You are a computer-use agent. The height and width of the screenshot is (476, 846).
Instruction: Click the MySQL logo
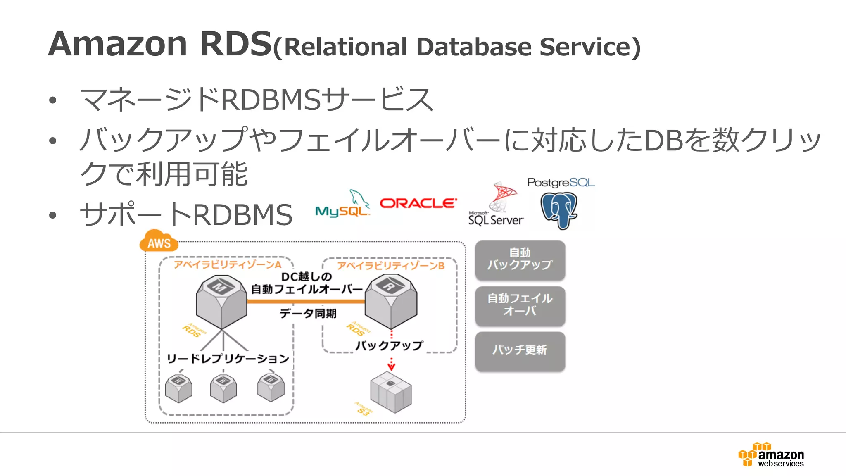click(x=342, y=204)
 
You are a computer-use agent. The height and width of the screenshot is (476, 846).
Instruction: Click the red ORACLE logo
click(x=418, y=203)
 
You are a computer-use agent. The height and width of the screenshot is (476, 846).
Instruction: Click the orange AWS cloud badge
click(x=159, y=242)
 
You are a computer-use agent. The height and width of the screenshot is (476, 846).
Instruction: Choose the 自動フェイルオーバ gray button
click(x=520, y=305)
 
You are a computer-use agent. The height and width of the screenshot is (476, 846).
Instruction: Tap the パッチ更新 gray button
click(x=520, y=350)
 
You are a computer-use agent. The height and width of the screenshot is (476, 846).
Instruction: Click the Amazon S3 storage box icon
click(x=391, y=392)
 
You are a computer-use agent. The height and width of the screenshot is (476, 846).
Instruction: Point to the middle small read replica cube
click(x=223, y=388)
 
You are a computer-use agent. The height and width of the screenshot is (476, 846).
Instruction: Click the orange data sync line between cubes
click(x=306, y=302)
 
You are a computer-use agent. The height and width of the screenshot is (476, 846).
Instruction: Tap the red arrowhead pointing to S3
click(x=391, y=367)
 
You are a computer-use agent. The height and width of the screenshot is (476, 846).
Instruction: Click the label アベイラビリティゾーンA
click(x=227, y=264)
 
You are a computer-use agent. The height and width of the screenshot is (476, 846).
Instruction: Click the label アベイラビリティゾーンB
click(x=390, y=266)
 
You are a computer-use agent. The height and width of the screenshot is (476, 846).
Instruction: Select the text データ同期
click(x=308, y=314)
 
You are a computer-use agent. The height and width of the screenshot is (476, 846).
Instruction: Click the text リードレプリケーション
click(x=228, y=358)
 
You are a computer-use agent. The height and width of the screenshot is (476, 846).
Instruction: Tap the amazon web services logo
click(x=771, y=455)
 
